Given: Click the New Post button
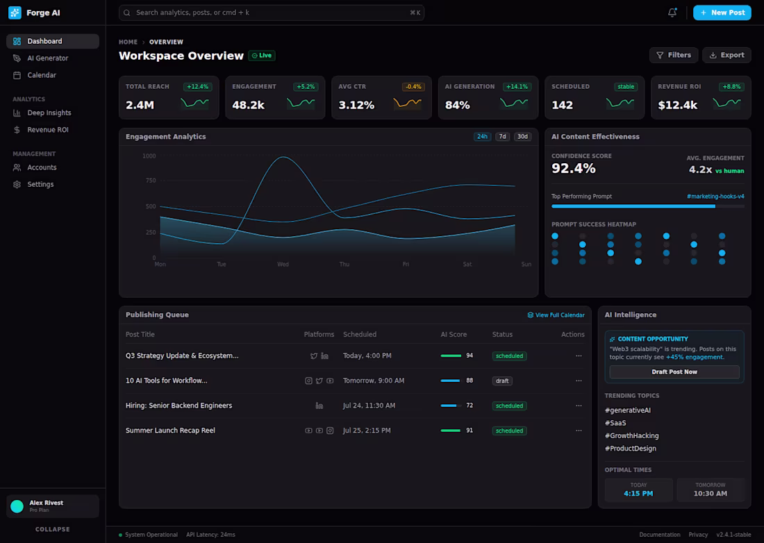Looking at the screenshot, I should point(722,12).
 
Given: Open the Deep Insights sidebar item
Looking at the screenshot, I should point(49,112).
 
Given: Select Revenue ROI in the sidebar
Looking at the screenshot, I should point(47,130).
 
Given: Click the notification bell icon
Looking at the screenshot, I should point(672,12).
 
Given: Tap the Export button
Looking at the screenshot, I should point(726,55).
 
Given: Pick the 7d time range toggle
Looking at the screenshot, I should point(502,137).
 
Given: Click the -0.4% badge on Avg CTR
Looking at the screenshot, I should point(413,87).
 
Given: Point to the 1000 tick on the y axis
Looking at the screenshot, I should point(149,156).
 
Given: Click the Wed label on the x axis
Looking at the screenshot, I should point(283,265).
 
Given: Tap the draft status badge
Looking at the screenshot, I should point(502,381).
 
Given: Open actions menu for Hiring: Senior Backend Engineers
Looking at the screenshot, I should point(579,406).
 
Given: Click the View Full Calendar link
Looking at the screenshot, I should point(556,315).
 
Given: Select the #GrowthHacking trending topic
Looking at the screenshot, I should point(631,436).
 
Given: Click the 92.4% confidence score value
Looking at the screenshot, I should point(573,169).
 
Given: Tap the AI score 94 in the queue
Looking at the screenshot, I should point(470,356).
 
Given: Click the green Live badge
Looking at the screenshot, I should point(262,56).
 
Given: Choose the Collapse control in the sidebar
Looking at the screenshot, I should point(53,529).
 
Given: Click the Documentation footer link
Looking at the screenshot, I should point(659,535).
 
